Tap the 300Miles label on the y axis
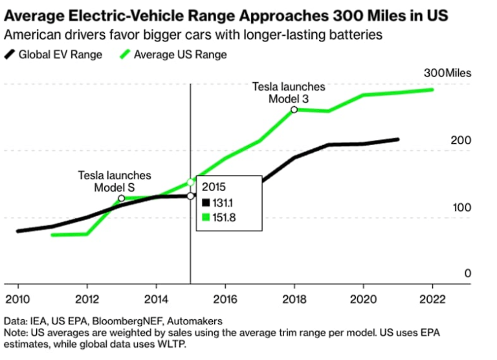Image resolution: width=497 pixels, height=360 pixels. pyautogui.click(x=448, y=73)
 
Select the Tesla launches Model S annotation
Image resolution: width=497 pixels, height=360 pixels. pyautogui.click(x=115, y=181)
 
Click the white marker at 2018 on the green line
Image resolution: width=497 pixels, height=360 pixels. pyautogui.click(x=294, y=110)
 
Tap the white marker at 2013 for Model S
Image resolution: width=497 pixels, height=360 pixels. pyautogui.click(x=121, y=198)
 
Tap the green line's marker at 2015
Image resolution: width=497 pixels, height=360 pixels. pyautogui.click(x=190, y=183)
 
